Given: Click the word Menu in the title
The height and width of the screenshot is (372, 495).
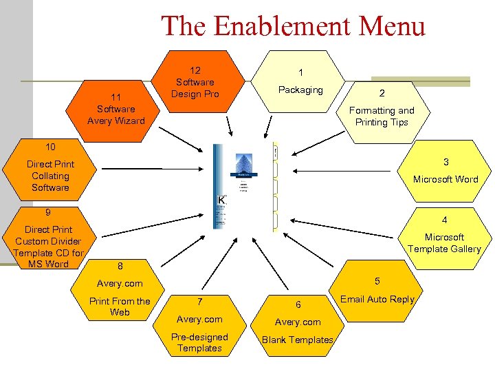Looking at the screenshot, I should [394, 26].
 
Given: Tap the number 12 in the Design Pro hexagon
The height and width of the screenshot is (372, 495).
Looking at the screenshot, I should [195, 70].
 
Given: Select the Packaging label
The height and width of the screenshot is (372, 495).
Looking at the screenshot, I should [300, 90].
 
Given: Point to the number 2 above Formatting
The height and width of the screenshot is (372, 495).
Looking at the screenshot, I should [382, 93].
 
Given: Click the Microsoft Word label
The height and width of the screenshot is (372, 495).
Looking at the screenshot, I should [445, 179].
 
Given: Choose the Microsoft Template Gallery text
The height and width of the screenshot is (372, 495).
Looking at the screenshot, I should [444, 243].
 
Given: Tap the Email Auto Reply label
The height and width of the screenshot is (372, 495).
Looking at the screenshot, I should [377, 299].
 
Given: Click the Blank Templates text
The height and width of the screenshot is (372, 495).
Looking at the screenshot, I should [298, 340].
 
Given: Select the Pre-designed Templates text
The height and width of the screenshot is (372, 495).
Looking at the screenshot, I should [199, 342].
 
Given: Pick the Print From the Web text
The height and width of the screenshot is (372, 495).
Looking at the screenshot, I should [120, 307].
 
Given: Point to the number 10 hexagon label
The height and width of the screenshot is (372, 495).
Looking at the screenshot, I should [50, 147].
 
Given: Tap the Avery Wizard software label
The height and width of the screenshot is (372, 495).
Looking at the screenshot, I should [116, 115].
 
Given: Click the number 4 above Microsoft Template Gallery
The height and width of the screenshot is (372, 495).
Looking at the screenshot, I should [445, 220].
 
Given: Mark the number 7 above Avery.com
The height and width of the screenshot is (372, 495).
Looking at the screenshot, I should [199, 302].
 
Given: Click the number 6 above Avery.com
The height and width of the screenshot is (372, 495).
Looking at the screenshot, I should [298, 304].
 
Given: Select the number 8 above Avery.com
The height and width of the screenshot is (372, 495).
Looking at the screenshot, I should [120, 266].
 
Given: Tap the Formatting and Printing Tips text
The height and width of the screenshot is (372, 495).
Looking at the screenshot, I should [382, 116].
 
